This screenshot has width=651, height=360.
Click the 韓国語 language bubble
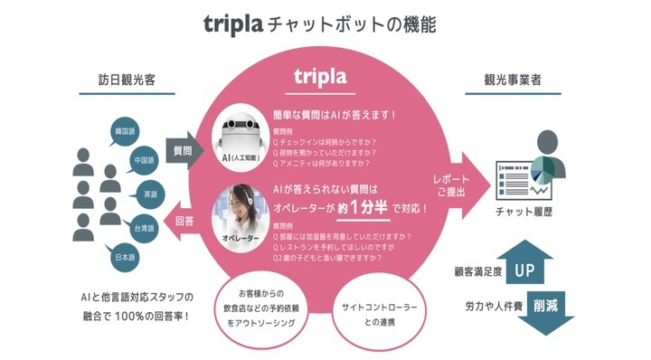[124, 132]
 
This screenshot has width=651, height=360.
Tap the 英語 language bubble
[150, 193]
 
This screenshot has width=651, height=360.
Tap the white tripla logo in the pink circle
[326, 78]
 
